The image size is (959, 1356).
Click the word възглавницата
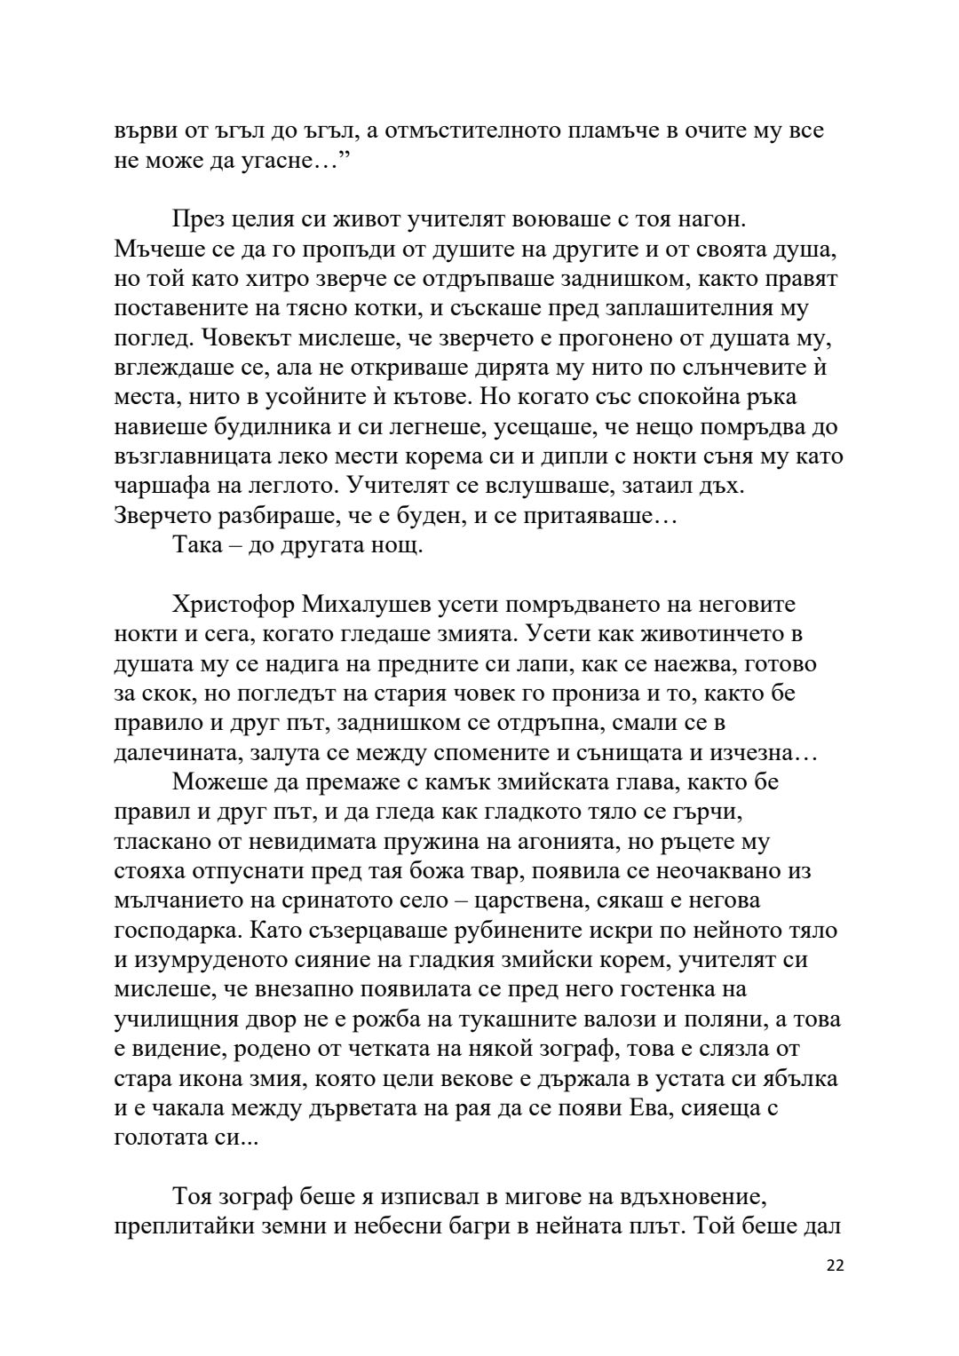pyautogui.click(x=197, y=456)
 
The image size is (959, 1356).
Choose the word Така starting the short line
pyautogui.click(x=198, y=544)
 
